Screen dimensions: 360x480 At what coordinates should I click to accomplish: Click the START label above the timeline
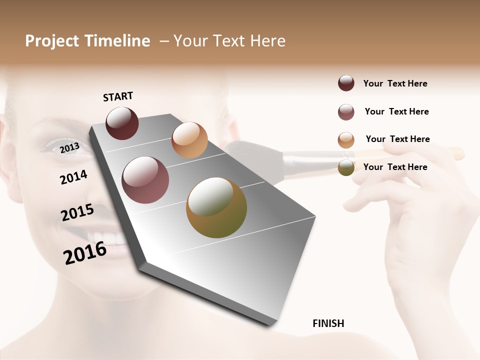[x=118, y=96]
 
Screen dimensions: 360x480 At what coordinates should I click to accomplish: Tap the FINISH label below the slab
[x=328, y=323]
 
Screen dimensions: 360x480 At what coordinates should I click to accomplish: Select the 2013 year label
[x=69, y=147]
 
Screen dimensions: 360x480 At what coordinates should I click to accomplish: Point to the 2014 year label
[x=73, y=177]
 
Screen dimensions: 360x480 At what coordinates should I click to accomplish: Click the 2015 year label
[x=77, y=212]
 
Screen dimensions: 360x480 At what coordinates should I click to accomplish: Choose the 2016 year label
[x=85, y=252]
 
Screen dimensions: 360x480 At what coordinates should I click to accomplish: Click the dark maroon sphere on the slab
[x=122, y=123]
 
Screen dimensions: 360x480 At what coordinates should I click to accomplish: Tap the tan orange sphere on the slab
[x=189, y=140]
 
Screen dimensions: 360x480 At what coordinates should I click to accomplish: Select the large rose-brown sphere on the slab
[x=145, y=180]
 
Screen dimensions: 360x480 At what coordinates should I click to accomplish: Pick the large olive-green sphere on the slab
[x=216, y=207]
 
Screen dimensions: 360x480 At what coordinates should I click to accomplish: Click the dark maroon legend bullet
[x=346, y=83]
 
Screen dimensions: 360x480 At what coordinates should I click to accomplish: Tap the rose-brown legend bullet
[x=346, y=112]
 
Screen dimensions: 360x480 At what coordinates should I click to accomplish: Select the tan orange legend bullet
[x=346, y=140]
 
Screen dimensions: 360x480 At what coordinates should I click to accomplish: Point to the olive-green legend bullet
[x=346, y=168]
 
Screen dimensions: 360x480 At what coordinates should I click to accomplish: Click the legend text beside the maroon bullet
[x=395, y=83]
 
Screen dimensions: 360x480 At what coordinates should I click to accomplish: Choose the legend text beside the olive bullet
[x=395, y=167]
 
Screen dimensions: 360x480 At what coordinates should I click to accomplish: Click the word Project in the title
[x=52, y=41]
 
